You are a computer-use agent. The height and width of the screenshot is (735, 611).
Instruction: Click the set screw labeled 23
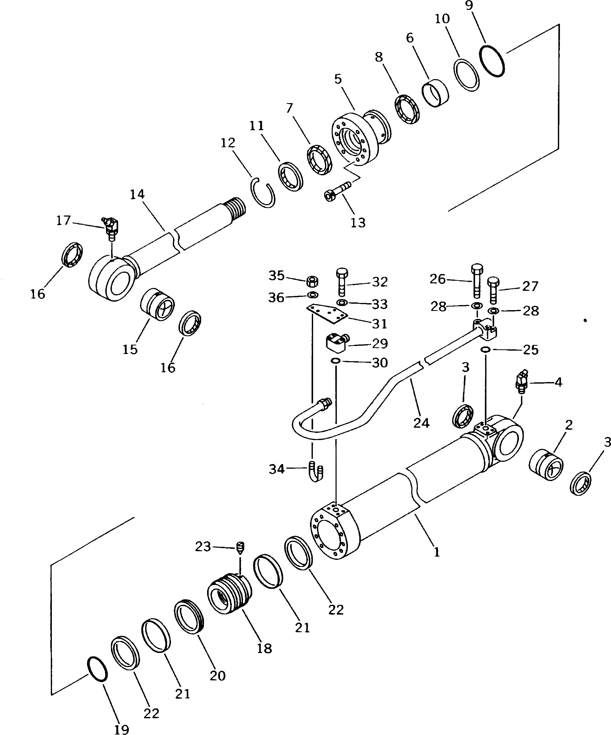coord(240,548)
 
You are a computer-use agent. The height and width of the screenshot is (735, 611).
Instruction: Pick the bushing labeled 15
coord(157,304)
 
